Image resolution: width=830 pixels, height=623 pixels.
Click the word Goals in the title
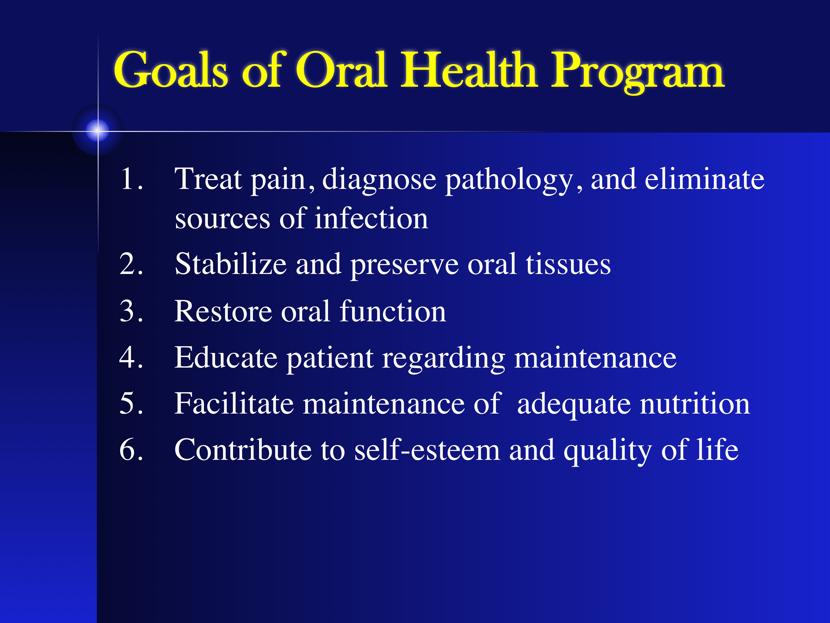tap(171, 70)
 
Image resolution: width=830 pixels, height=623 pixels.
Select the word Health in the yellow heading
tap(469, 70)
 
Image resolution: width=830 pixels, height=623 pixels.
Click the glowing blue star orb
tap(98, 130)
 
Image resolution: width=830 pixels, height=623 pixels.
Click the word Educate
tap(226, 357)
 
